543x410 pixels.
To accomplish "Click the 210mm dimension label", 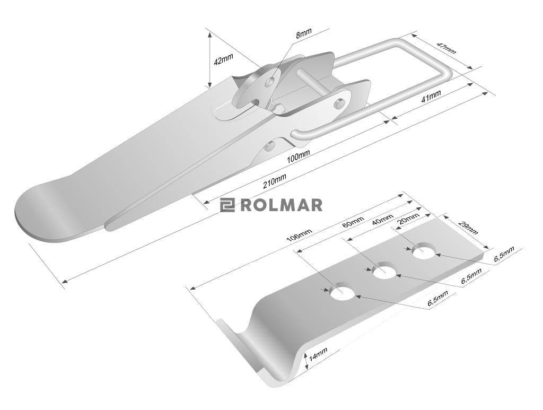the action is click(x=275, y=180).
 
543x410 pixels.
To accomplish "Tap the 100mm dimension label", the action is click(x=298, y=156).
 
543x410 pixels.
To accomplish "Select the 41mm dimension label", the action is click(x=431, y=96).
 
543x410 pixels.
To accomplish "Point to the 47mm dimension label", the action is click(x=446, y=48).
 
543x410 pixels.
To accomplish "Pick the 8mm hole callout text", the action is click(x=304, y=33).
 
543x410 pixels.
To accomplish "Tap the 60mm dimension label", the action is click(x=353, y=222).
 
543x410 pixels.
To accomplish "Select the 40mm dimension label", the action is click(x=382, y=219).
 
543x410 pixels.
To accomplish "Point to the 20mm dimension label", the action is click(x=409, y=219).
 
